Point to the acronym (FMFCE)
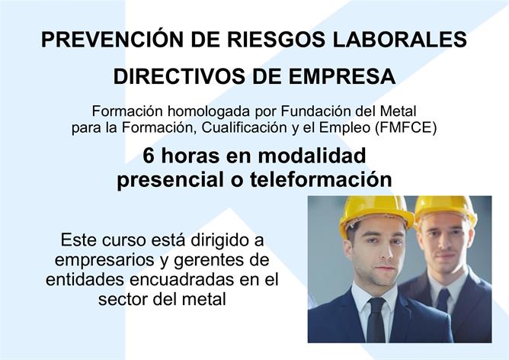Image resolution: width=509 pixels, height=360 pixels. pyautogui.click(x=406, y=128)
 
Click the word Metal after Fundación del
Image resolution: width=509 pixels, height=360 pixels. pyautogui.click(x=398, y=111)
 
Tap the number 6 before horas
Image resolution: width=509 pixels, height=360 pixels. pyautogui.click(x=148, y=156)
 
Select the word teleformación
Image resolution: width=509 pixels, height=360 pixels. pyautogui.click(x=321, y=180)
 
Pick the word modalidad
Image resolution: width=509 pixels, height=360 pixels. pyautogui.click(x=312, y=156)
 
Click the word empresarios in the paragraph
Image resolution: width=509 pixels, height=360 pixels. pyautogui.click(x=105, y=261)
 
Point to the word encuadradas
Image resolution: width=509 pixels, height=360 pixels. pyautogui.click(x=181, y=280)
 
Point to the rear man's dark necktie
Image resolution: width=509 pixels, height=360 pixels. pyautogui.click(x=443, y=300)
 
